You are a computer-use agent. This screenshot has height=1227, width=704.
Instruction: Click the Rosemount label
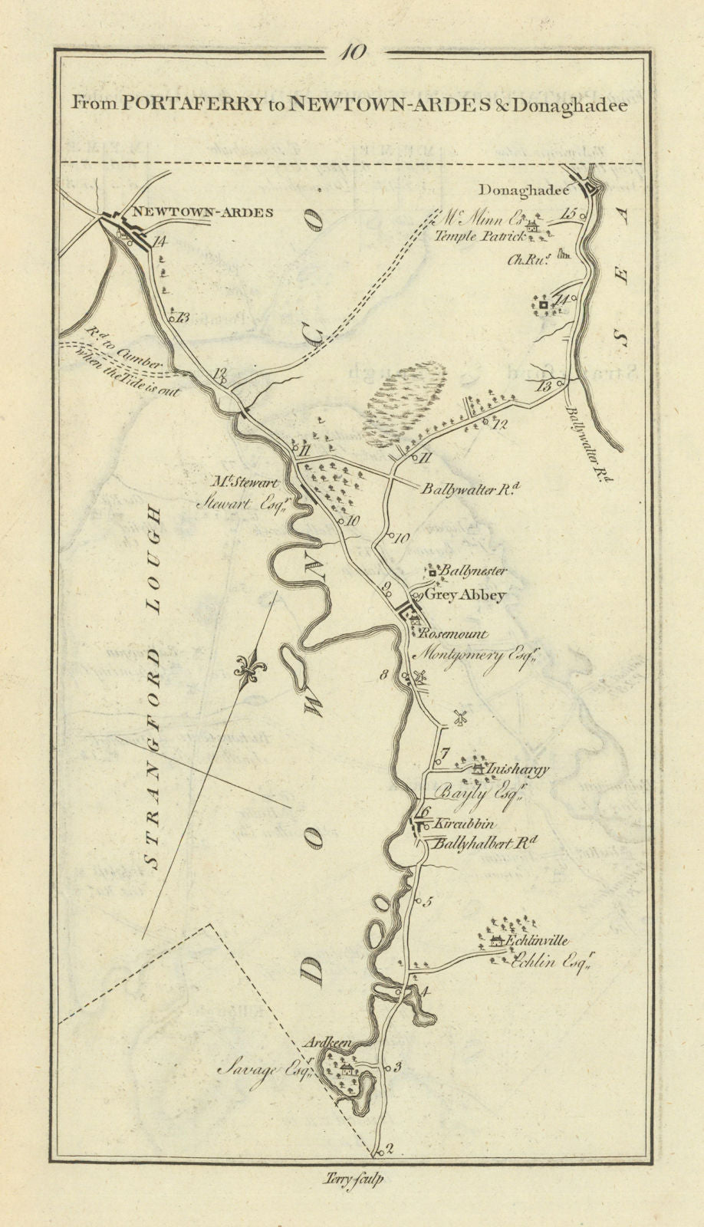(x=453, y=634)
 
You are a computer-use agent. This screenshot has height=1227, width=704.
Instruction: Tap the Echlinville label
(x=541, y=940)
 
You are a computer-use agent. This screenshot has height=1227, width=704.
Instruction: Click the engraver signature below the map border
(x=352, y=1180)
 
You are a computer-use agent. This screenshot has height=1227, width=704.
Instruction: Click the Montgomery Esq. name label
(x=472, y=656)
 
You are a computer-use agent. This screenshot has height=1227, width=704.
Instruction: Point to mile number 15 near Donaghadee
(x=567, y=214)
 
